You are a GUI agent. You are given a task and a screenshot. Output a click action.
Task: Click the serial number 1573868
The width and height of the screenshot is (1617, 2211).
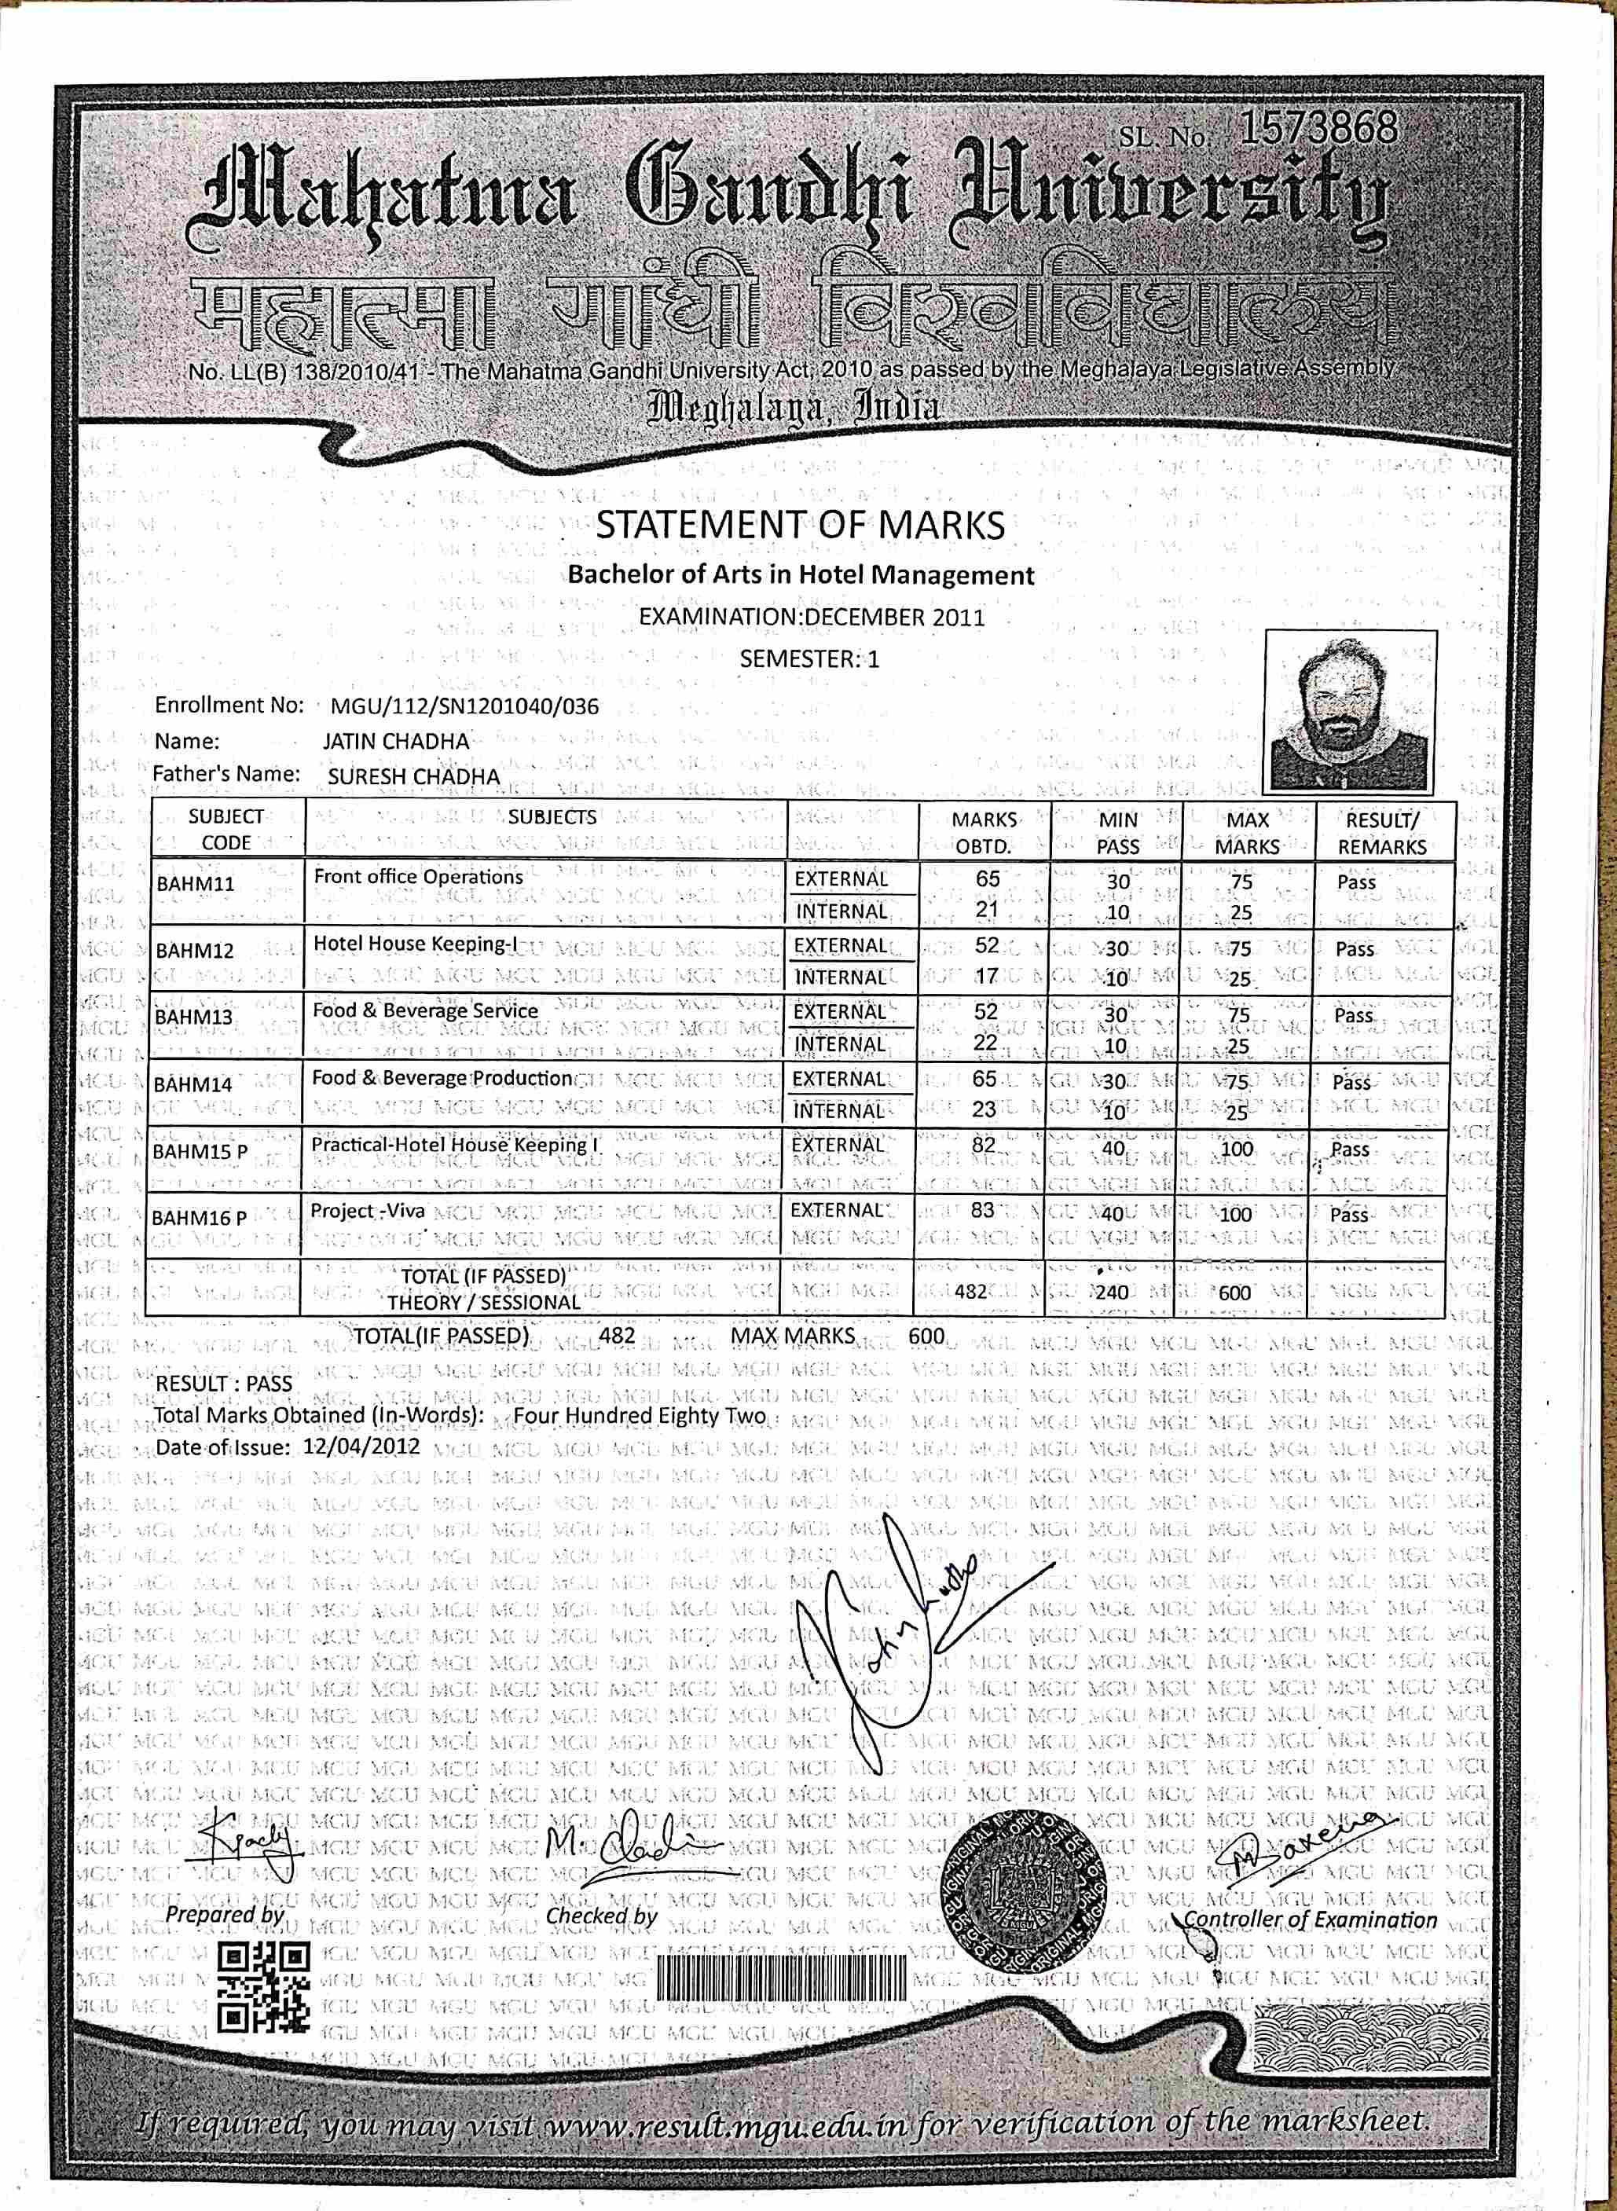tap(1318, 128)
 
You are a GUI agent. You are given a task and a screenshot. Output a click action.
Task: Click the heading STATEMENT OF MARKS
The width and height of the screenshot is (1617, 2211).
tap(800, 526)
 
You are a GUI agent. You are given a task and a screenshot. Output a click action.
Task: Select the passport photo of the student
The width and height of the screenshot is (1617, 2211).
tap(1350, 712)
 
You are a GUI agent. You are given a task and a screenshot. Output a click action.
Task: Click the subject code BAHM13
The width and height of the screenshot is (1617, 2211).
tap(194, 1017)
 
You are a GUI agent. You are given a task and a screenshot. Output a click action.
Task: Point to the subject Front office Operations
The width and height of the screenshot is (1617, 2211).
tap(418, 877)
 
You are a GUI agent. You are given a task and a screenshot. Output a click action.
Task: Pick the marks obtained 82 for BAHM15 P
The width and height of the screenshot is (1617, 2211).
tap(983, 1144)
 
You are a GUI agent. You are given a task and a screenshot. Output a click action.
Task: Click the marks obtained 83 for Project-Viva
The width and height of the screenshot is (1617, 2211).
tap(982, 1211)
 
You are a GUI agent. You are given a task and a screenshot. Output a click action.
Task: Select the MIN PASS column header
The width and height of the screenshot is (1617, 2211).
tap(1116, 833)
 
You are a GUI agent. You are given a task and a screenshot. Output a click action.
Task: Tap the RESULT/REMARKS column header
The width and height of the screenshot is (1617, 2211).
tap(1381, 833)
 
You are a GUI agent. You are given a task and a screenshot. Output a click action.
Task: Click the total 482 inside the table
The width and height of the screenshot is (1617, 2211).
tap(970, 1291)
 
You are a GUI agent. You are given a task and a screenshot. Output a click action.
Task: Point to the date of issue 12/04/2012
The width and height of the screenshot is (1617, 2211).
tap(361, 1446)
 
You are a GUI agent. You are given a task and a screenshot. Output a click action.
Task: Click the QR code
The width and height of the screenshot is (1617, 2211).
tap(262, 1987)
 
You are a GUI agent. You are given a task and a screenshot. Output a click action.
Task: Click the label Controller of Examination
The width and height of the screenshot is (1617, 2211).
tap(1311, 1919)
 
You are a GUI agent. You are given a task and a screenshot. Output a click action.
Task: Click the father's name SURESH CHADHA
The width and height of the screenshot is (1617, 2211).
tap(413, 776)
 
